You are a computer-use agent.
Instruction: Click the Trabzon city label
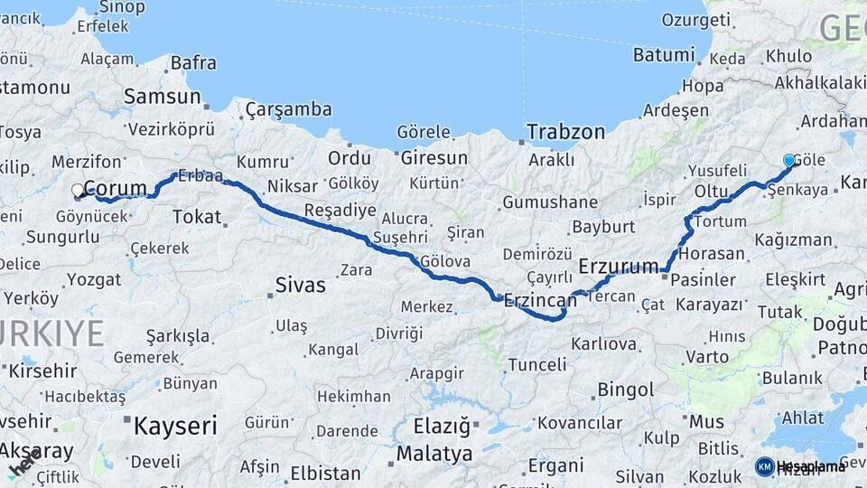pyautogui.click(x=565, y=132)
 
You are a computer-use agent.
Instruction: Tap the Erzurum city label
pyautogui.click(x=620, y=266)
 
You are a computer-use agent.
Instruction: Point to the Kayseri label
pyautogui.click(x=176, y=426)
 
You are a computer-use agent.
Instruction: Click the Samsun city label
pyautogui.click(x=163, y=97)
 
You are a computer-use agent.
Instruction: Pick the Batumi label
pyautogui.click(x=664, y=55)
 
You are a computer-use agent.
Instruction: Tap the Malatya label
pyautogui.click(x=433, y=453)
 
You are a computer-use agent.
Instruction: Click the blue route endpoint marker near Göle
pyautogui.click(x=789, y=161)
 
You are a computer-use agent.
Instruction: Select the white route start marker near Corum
pyautogui.click(x=79, y=192)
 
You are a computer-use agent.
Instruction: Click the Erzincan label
pyautogui.click(x=540, y=300)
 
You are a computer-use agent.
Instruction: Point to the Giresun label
pyautogui.click(x=433, y=158)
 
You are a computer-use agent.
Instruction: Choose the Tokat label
pyautogui.click(x=196, y=217)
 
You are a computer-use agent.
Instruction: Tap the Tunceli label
pyautogui.click(x=537, y=365)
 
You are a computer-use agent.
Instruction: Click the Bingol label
pyautogui.click(x=626, y=390)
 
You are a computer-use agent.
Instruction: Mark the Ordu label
pyautogui.click(x=350, y=158)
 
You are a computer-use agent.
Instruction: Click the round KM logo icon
pyautogui.click(x=764, y=466)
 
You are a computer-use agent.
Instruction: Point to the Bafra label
pyautogui.click(x=193, y=63)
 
